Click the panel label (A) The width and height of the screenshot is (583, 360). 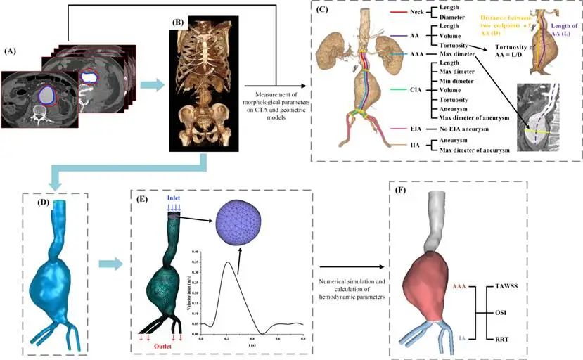pyautogui.click(x=11, y=51)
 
